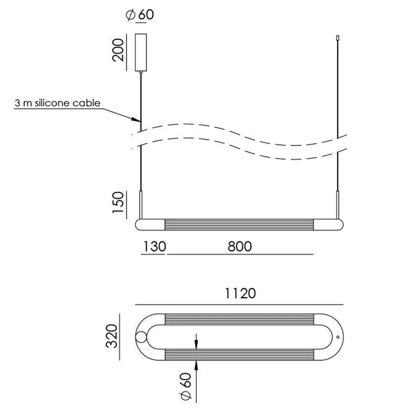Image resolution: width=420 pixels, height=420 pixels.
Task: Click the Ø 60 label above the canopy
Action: tap(140, 15)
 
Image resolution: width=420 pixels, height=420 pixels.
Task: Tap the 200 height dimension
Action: tap(118, 50)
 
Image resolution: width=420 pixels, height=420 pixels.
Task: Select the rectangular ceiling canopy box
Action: tap(141, 52)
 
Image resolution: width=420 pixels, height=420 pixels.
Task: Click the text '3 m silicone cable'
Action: tap(57, 103)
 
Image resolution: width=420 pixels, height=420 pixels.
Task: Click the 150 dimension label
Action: tap(118, 203)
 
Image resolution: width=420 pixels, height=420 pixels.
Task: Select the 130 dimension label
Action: tap(155, 246)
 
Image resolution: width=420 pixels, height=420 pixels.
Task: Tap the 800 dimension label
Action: tap(240, 246)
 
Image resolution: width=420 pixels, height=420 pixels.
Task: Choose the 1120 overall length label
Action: tap(240, 293)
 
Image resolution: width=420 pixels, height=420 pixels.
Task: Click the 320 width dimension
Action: tap(112, 336)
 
